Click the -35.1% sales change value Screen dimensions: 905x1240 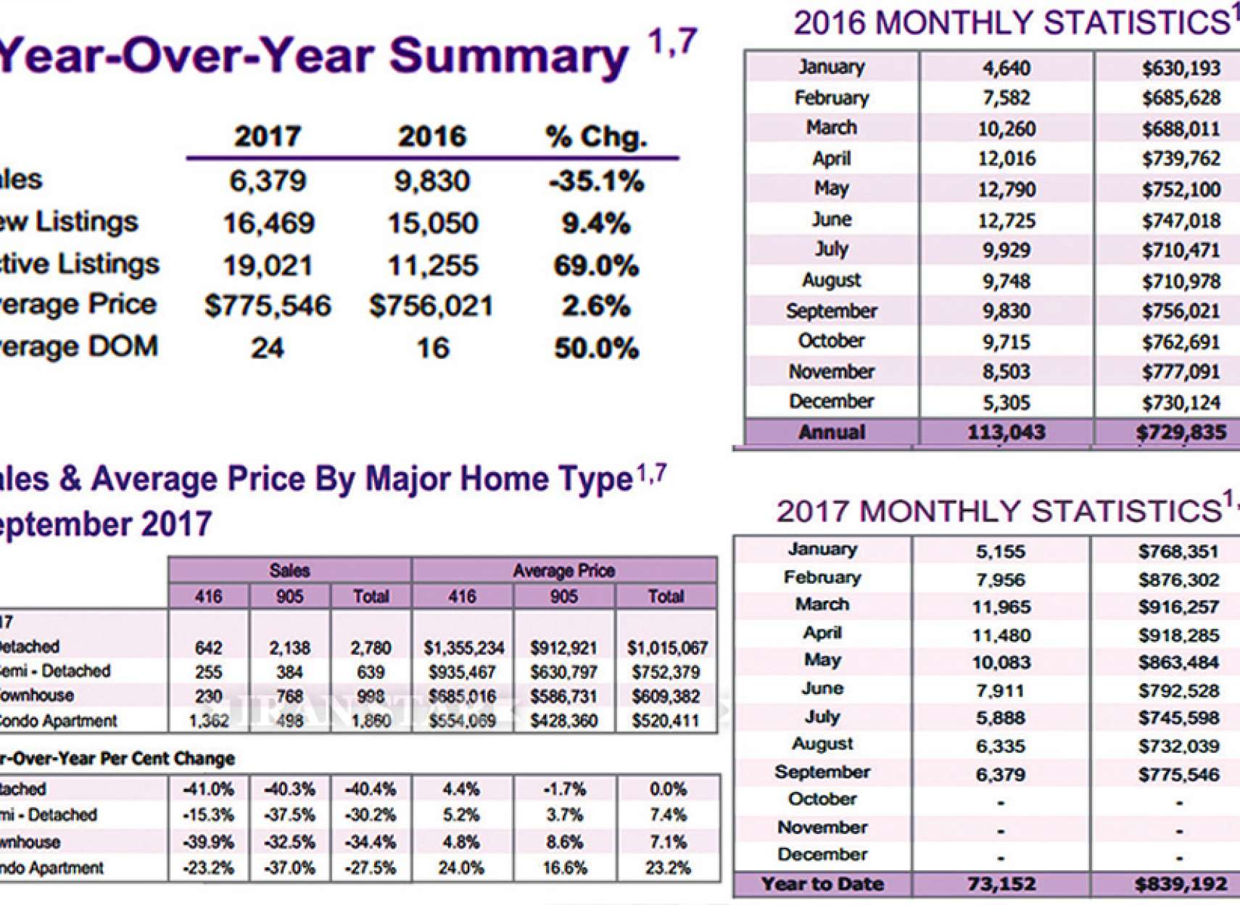pyautogui.click(x=596, y=181)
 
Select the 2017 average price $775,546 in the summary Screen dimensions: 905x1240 pyautogui.click(x=268, y=306)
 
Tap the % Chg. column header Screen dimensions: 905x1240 pyautogui.click(x=596, y=137)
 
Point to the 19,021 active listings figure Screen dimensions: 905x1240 pyautogui.click(x=268, y=265)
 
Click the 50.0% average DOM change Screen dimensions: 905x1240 pyautogui.click(x=596, y=348)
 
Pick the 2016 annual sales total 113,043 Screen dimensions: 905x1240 pyautogui.click(x=1006, y=433)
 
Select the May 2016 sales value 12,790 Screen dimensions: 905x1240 pyautogui.click(x=1007, y=189)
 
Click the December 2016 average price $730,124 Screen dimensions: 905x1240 pyautogui.click(x=1181, y=402)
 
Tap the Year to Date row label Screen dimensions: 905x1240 pyautogui.click(x=822, y=885)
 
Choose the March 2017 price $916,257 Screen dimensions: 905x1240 pyautogui.click(x=1178, y=606)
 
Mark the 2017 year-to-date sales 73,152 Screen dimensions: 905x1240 pyautogui.click(x=1001, y=885)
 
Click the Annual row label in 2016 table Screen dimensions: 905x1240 pyautogui.click(x=831, y=433)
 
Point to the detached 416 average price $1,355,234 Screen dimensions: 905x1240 pyautogui.click(x=463, y=648)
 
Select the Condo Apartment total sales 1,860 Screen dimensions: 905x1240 pyautogui.click(x=371, y=721)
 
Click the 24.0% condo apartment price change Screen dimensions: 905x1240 pyautogui.click(x=461, y=868)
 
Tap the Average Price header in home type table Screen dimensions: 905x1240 pyautogui.click(x=563, y=571)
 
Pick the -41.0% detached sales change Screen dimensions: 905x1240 pyautogui.click(x=209, y=789)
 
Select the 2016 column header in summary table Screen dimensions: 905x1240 pyautogui.click(x=432, y=137)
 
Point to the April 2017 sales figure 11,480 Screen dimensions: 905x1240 pyautogui.click(x=1001, y=635)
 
